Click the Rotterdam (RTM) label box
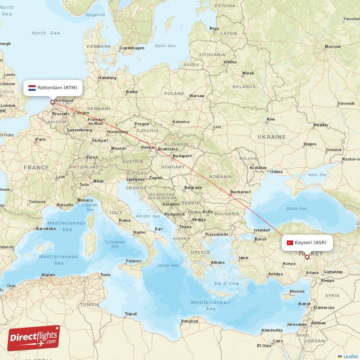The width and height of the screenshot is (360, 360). (53, 87)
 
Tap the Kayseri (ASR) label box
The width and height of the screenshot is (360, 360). (307, 243)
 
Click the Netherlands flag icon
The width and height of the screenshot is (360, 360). (32, 87)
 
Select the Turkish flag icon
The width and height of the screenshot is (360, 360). (290, 243)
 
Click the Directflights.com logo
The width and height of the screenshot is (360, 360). (34, 338)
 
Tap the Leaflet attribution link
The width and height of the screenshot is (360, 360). (348, 356)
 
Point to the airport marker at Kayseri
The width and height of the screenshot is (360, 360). (307, 257)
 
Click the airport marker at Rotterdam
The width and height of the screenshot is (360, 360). (53, 102)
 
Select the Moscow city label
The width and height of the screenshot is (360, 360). (333, 46)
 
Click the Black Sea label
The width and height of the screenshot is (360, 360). (296, 208)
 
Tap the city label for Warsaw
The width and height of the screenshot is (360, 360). (197, 96)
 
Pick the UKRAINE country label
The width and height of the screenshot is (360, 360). (271, 136)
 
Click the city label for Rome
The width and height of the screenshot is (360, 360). (125, 220)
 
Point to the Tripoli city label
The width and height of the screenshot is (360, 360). (130, 314)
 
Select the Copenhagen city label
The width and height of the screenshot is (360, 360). (132, 48)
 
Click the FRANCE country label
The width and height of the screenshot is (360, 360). (36, 167)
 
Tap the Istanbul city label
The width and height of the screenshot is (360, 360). (261, 230)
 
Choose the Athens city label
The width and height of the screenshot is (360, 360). (218, 262)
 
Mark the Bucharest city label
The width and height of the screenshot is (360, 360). (240, 192)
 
